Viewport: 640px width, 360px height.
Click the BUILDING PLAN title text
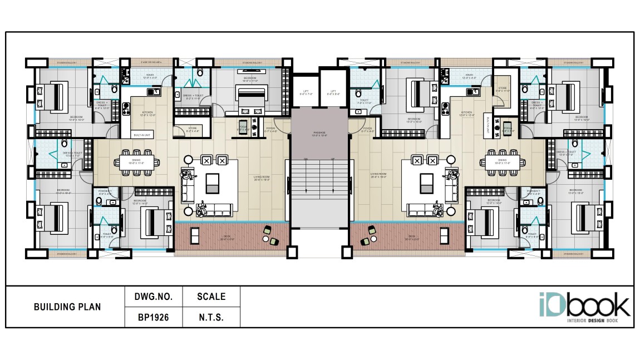tap(67, 307)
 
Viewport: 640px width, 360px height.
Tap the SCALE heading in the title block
tap(211, 297)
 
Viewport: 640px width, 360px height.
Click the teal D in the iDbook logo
tap(557, 305)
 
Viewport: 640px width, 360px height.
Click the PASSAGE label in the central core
tap(319, 134)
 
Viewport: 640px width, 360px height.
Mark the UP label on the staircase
tap(333, 159)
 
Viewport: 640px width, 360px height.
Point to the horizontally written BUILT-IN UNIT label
tap(141, 135)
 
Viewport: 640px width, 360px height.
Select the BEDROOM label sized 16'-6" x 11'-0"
tap(249, 78)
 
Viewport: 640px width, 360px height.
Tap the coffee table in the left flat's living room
tap(212, 183)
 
